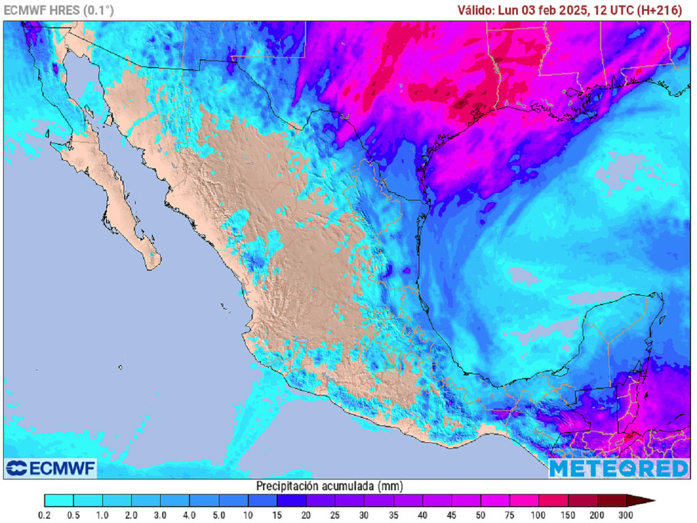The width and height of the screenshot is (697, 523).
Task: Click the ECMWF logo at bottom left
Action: pos(51,468)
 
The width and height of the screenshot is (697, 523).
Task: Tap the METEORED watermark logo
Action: pos(618,468)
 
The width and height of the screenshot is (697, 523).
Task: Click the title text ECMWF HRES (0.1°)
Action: pos(59,10)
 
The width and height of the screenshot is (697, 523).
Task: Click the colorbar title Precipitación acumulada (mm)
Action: pos(329,486)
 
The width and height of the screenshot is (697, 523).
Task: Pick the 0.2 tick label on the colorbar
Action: pos(44,516)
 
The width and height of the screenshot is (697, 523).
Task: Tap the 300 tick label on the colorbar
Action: pos(626,516)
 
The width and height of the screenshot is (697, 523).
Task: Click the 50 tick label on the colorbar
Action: pos(481,516)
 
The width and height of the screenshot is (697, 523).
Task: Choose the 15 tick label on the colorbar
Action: pos(277,516)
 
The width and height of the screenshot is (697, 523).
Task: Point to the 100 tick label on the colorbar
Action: pos(539,516)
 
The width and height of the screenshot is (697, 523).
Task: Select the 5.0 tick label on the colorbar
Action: pos(219,516)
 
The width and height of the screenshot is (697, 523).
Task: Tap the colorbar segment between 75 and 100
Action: pos(524,501)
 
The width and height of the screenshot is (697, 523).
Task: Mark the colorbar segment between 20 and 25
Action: pos(321,501)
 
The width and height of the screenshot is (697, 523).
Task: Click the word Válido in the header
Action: pos(473,10)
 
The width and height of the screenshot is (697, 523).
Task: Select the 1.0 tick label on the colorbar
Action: pos(103,516)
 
